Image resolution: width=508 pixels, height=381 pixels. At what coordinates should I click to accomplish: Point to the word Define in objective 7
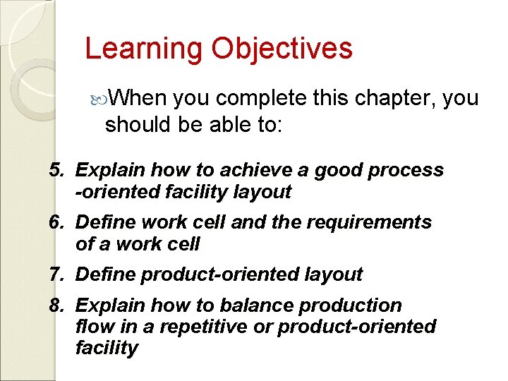point(105,274)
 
